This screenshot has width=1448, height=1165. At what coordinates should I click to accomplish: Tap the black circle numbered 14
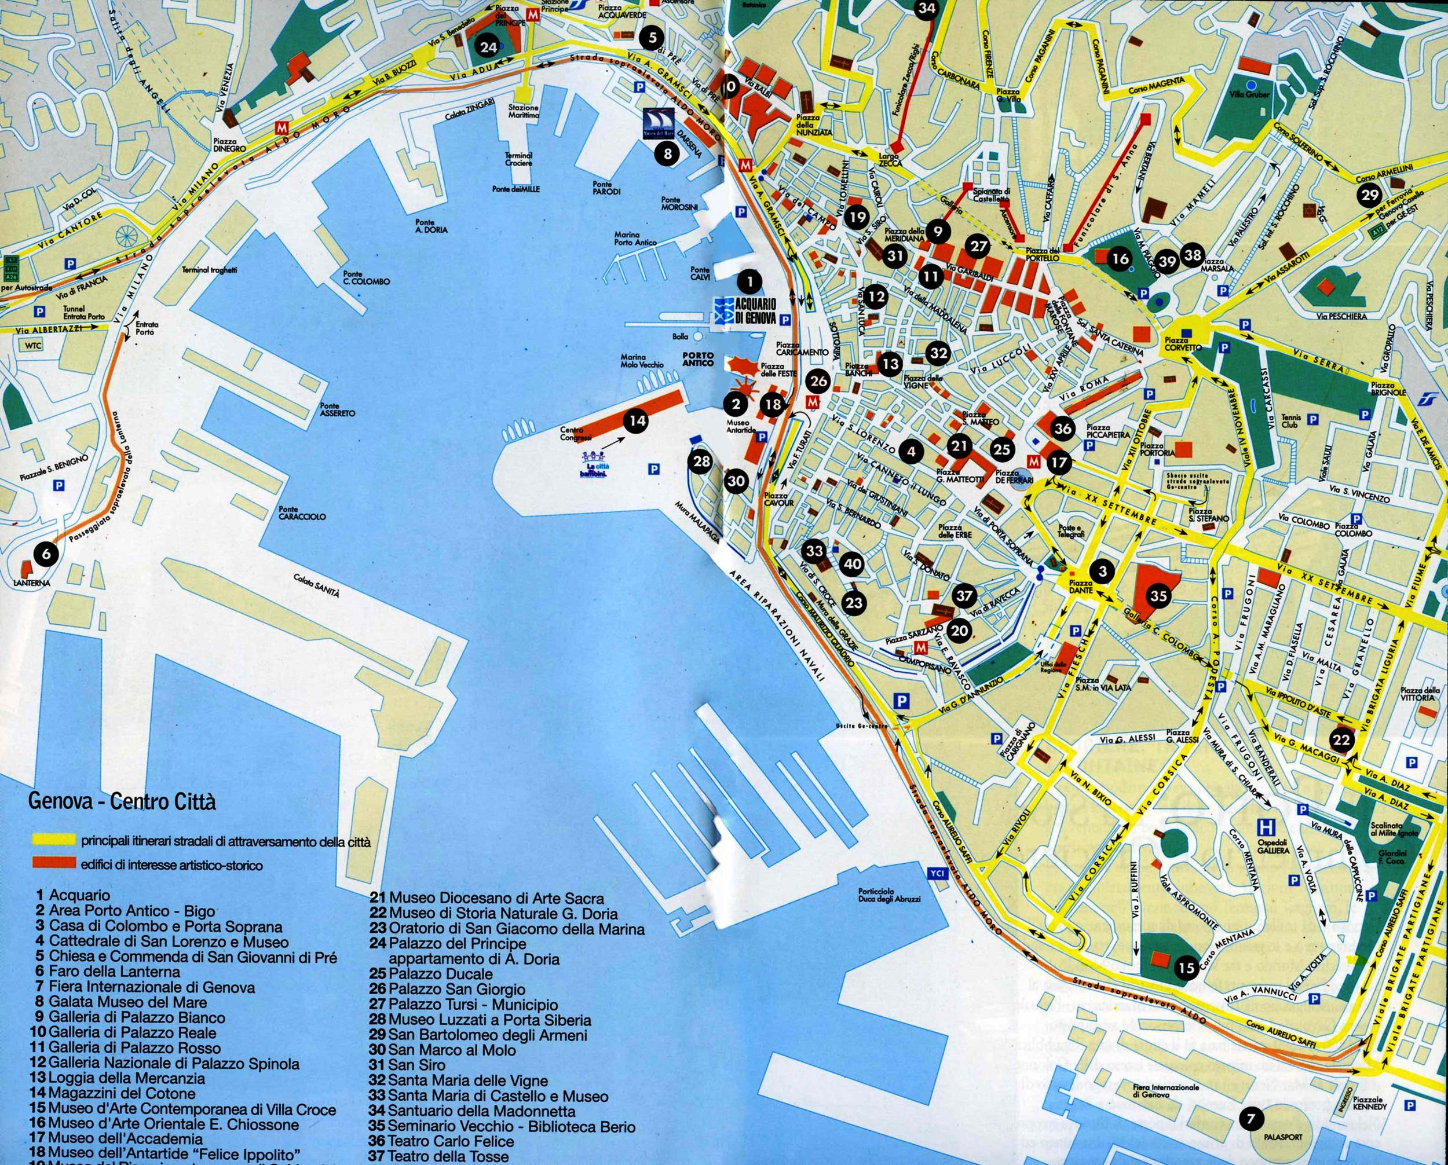636,421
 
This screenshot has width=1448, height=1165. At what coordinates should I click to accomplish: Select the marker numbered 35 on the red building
1158,596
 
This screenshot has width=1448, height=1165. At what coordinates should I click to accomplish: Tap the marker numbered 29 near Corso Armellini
1369,195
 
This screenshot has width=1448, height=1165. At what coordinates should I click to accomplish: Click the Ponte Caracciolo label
302,513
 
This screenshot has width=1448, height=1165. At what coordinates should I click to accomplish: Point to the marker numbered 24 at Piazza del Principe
488,47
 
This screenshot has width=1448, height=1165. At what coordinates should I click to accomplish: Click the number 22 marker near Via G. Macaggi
1341,741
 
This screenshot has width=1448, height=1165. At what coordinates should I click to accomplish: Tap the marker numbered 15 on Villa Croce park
1186,968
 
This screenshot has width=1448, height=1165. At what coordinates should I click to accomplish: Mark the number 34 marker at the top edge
926,8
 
